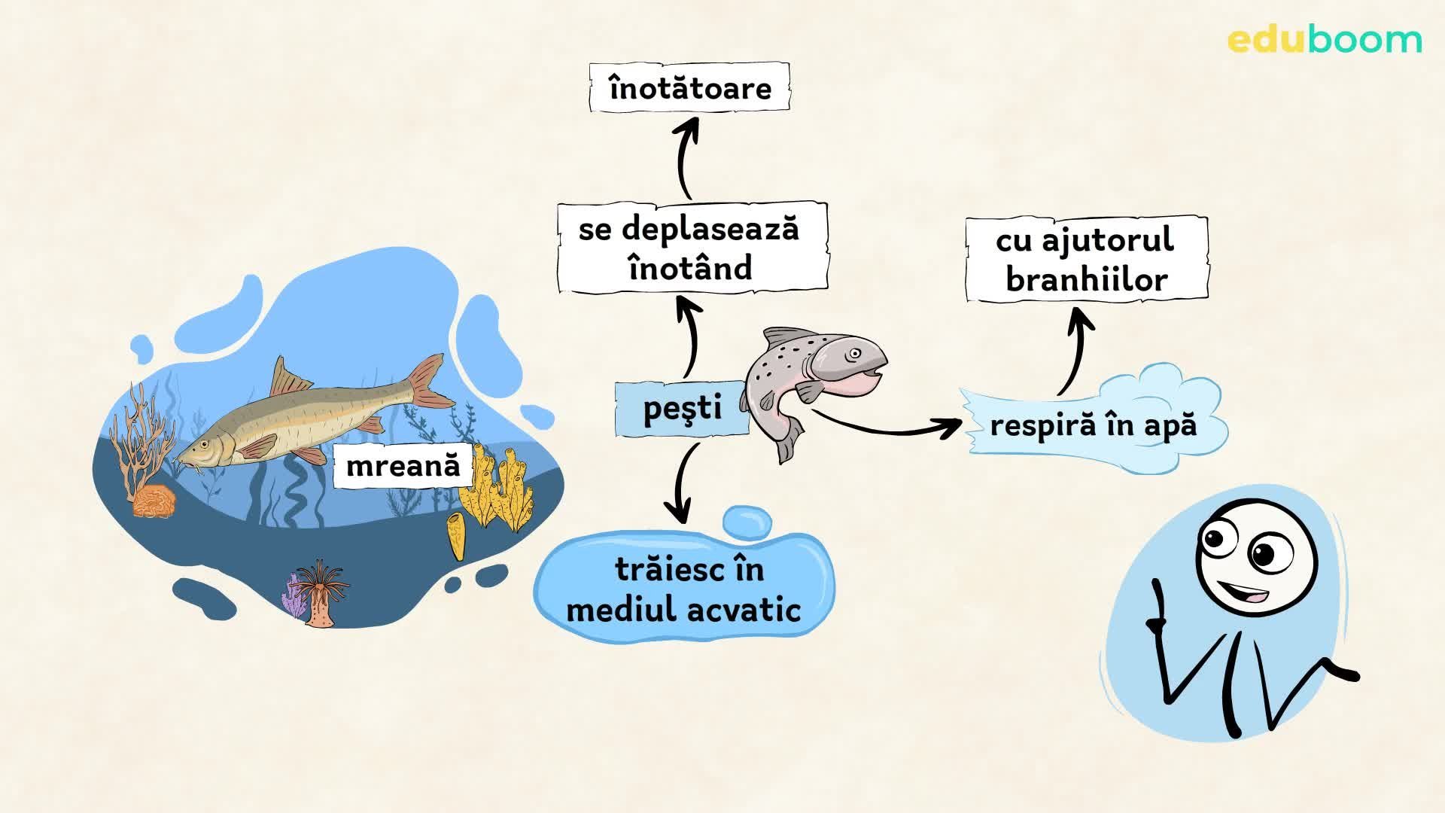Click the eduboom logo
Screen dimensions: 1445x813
(1325, 40)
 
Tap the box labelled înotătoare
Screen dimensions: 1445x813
(689, 88)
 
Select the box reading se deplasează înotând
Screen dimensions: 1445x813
(692, 248)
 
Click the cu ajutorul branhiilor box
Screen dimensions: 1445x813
(1086, 260)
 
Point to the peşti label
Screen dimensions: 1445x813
(682, 408)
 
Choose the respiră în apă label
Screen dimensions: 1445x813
(1093, 425)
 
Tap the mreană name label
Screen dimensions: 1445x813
(403, 465)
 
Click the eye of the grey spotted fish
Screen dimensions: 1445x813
(854, 353)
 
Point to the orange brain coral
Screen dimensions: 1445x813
(154, 501)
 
